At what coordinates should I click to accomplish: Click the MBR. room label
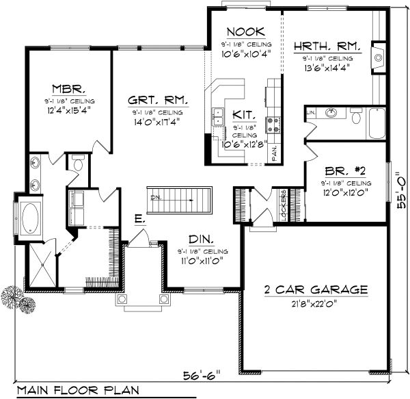[68, 88]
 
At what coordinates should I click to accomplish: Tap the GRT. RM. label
[158, 101]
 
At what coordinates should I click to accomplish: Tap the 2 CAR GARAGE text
[316, 289]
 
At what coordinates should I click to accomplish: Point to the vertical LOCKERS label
[282, 205]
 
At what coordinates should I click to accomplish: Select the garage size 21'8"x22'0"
[316, 302]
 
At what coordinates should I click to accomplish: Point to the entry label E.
[139, 220]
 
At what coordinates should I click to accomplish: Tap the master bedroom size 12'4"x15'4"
[68, 108]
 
